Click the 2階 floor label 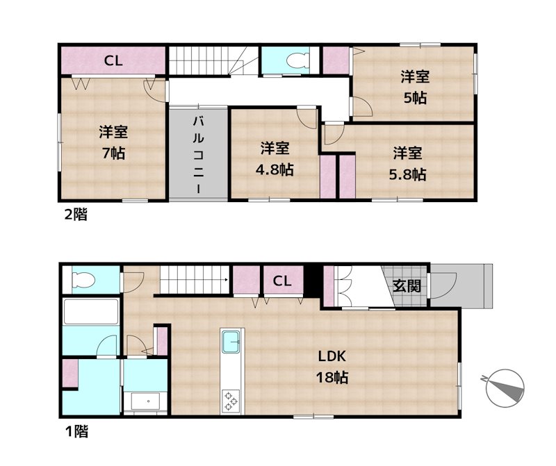pos(76,215)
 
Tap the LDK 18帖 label pos(332,367)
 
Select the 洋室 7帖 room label pos(113,142)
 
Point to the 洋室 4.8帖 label pos(275,159)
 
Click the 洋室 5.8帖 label pos(407,163)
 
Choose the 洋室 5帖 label pos(415,88)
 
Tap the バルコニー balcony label pos(198,155)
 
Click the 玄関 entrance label pos(407,285)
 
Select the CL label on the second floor pos(113,61)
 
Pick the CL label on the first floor pos(282,281)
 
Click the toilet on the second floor pos(297,60)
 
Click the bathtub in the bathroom pos(91,312)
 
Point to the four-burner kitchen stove pos(231,401)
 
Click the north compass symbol pos(505,388)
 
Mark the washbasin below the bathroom pos(146,401)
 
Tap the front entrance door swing pos(443,285)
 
